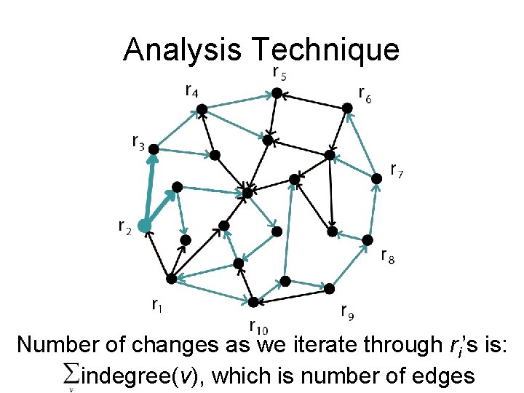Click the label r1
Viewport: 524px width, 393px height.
click(156, 304)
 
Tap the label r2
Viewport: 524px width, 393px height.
click(124, 228)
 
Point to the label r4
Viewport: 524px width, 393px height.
click(193, 91)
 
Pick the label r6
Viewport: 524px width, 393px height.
click(365, 94)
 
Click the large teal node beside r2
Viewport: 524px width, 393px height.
click(144, 226)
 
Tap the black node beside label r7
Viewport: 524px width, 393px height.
click(376, 178)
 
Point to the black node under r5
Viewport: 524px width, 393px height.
click(277, 93)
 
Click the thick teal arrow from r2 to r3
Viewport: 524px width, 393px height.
click(149, 188)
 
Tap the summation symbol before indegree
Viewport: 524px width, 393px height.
click(71, 376)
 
